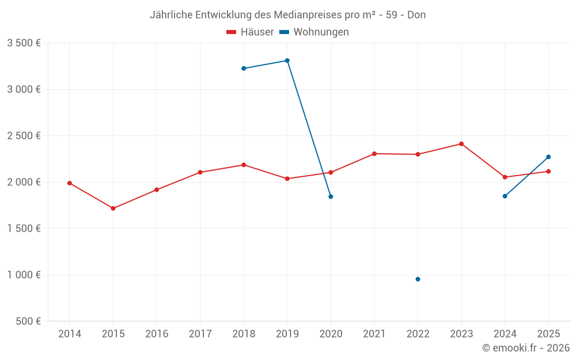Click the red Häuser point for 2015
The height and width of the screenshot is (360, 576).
click(113, 209)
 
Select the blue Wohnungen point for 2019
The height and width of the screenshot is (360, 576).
click(287, 60)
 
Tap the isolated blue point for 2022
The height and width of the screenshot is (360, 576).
click(418, 279)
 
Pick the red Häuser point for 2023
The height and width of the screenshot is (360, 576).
click(461, 144)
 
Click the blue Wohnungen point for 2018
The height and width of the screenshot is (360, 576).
click(244, 69)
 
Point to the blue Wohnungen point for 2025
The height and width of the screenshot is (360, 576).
click(548, 157)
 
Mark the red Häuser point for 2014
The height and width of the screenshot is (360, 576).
click(70, 183)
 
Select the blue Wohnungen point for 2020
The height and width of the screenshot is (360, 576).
click(331, 196)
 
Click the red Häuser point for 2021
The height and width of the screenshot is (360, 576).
click(374, 154)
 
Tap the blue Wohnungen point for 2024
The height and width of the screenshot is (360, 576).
click(505, 196)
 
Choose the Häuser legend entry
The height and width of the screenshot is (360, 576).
click(251, 32)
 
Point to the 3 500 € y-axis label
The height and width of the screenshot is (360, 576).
click(24, 43)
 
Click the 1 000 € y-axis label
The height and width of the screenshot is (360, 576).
click(24, 275)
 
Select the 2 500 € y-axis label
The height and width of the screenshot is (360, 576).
click(24, 136)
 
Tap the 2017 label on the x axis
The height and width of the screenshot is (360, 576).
click(200, 334)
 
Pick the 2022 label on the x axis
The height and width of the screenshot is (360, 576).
click(418, 334)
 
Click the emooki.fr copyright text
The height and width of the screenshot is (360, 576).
click(526, 348)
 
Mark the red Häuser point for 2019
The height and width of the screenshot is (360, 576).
click(287, 179)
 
